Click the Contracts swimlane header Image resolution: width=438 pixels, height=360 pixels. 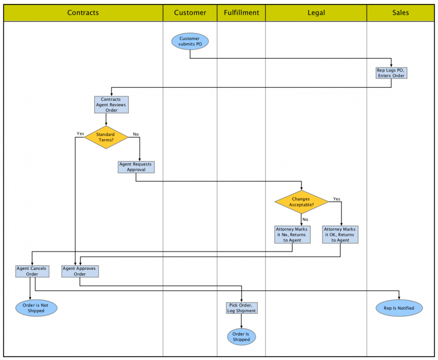click(83, 13)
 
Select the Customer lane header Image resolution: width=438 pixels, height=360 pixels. click(190, 13)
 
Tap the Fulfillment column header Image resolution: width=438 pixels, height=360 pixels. click(241, 13)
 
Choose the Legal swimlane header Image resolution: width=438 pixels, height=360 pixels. click(316, 13)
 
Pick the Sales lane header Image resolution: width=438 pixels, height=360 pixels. click(400, 13)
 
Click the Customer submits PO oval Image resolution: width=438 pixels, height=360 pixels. click(190, 41)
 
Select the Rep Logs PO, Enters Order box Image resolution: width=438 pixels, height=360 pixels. click(391, 73)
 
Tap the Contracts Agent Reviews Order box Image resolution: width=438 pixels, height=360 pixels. click(111, 104)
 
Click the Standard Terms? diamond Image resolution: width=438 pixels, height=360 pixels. click(106, 137)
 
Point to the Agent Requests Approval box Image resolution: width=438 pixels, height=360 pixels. click(136, 167)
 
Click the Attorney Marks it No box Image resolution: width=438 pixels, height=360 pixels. click(293, 234)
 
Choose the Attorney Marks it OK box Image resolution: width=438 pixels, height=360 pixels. click(340, 234)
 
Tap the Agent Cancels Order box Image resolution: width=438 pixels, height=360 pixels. click(31, 271)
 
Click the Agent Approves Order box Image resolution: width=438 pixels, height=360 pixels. click(80, 271)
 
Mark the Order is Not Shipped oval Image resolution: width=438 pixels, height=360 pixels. click(36, 308)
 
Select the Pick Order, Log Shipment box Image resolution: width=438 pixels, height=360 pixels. click(241, 308)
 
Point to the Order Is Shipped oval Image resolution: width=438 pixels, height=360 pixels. click(241, 337)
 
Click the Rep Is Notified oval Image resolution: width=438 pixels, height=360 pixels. click(399, 308)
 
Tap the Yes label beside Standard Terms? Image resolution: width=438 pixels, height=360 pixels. click(80, 134)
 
